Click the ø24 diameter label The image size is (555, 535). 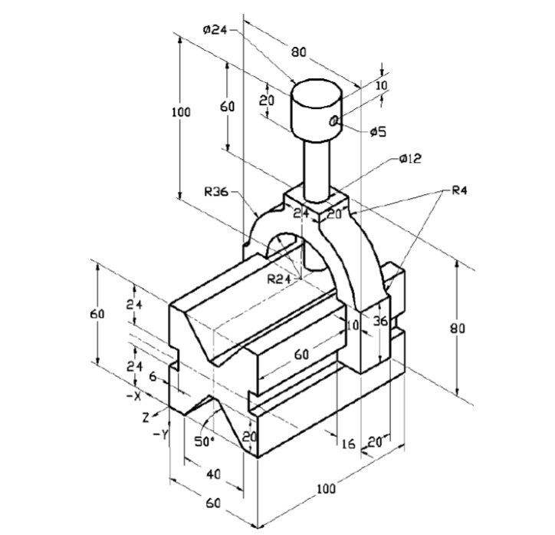pyautogui.click(x=216, y=29)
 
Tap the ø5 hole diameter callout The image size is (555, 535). pyautogui.click(x=377, y=132)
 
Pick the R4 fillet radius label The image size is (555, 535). pyautogui.click(x=458, y=191)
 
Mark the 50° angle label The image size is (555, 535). pyautogui.click(x=203, y=441)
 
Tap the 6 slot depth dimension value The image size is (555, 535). pyautogui.click(x=153, y=377)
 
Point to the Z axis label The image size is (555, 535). pyautogui.click(x=145, y=418)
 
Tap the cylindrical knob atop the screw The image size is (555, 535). pyautogui.click(x=315, y=107)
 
